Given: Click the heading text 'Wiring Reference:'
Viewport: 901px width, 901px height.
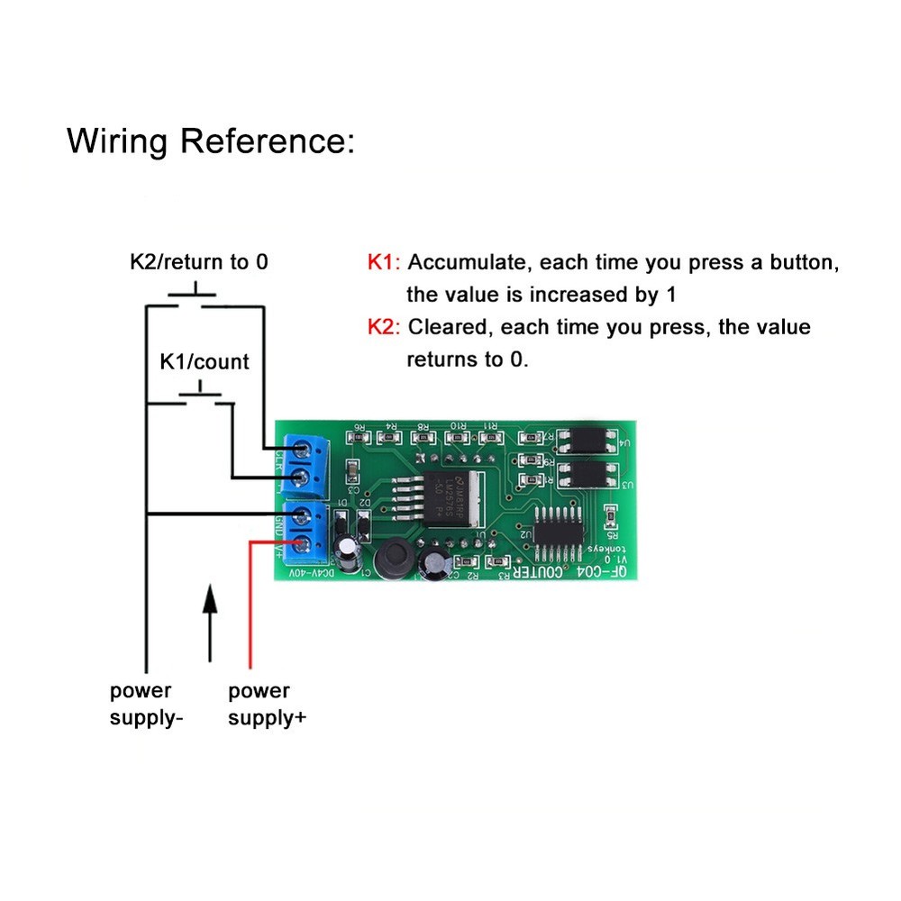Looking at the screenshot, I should coord(211,141).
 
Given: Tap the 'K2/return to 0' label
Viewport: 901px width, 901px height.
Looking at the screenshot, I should coord(199,262).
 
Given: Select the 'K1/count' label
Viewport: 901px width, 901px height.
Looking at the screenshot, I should coord(205,361).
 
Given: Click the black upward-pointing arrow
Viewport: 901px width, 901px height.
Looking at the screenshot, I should coord(210,623).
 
